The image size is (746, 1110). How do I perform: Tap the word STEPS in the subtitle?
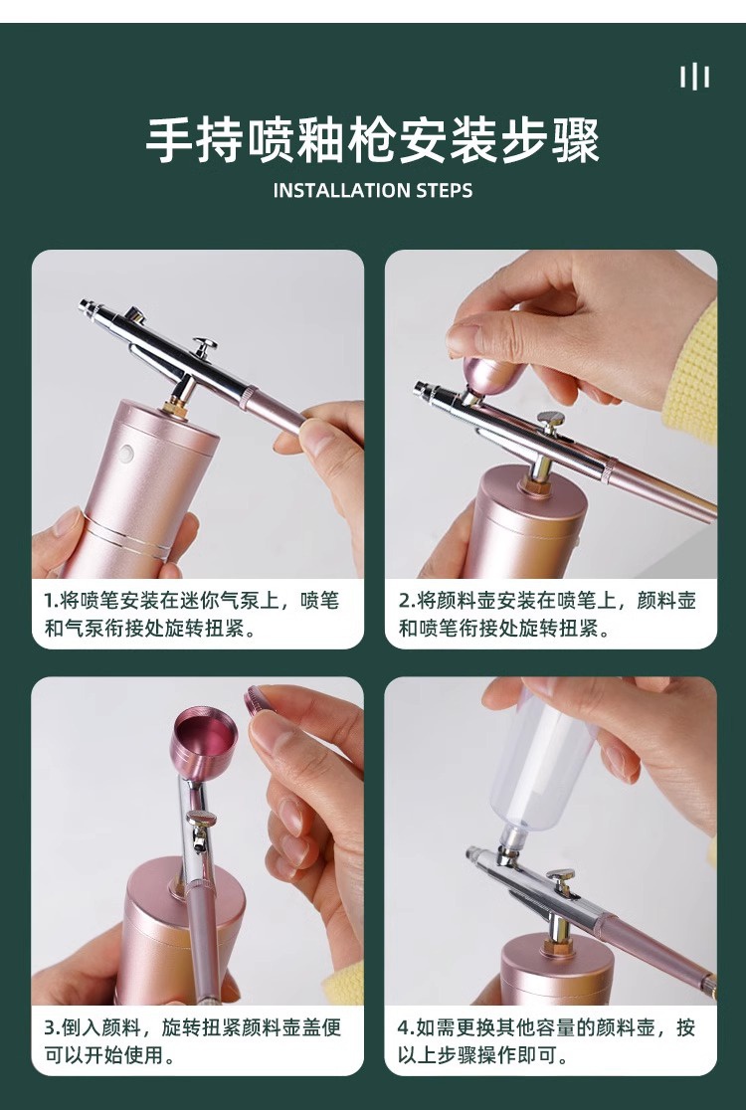445,190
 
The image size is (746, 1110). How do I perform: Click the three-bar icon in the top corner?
694,77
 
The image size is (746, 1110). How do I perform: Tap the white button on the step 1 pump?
127,453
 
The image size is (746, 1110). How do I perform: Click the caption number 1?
51,601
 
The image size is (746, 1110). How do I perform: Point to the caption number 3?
51,1027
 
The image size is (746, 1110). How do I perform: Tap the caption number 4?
404,1027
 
